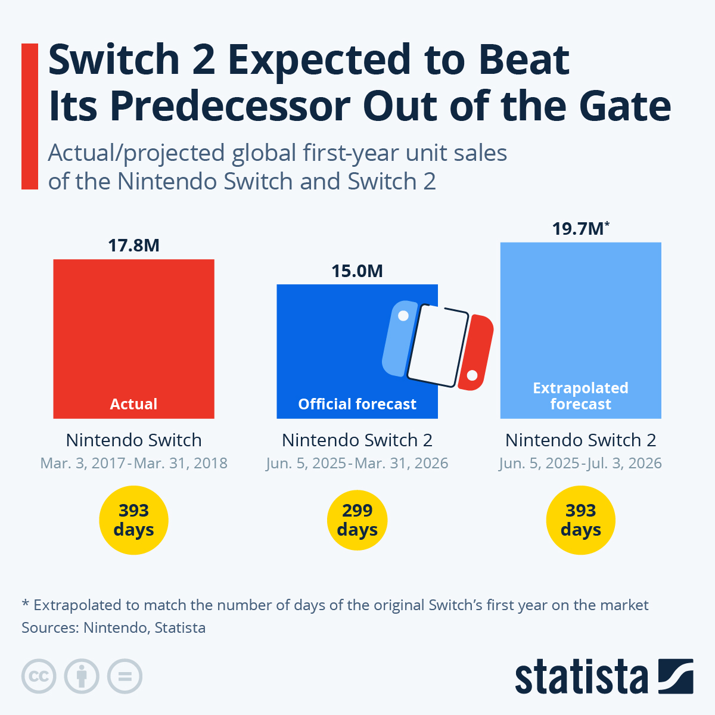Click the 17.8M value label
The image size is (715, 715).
(x=133, y=245)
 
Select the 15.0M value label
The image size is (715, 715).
(x=357, y=271)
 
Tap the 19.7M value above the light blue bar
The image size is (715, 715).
(x=578, y=228)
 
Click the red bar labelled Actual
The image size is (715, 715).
(x=133, y=334)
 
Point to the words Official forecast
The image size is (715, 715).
(x=357, y=404)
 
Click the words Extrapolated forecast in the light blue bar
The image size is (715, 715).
(x=580, y=396)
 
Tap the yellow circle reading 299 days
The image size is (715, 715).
(x=357, y=520)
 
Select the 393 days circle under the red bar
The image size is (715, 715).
(x=133, y=520)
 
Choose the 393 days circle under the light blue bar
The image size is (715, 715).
(x=580, y=520)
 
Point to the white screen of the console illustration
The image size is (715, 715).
(x=438, y=346)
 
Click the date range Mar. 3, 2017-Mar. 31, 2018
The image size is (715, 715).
(x=133, y=464)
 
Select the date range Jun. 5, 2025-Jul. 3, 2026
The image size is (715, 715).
(x=580, y=464)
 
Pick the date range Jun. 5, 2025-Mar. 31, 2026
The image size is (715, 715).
(x=357, y=464)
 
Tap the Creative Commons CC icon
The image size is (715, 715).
(x=39, y=677)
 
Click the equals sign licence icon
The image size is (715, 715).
(x=125, y=677)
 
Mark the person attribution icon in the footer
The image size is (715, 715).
(x=82, y=677)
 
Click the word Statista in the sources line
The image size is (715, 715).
(x=180, y=627)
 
